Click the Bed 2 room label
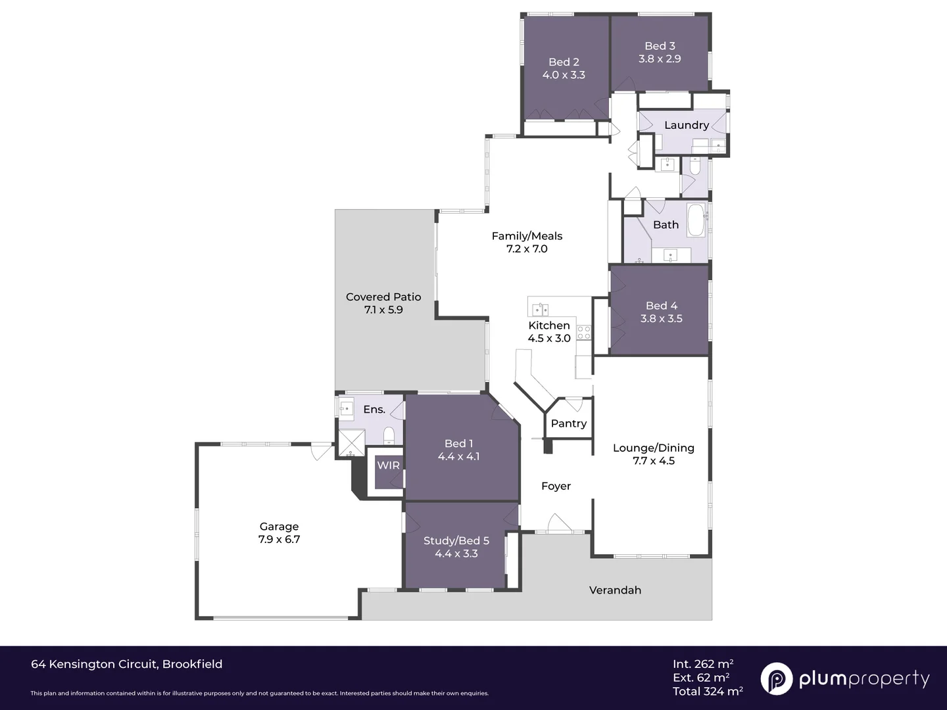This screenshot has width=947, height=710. (564, 62)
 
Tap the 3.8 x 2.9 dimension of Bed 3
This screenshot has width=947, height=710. (660, 59)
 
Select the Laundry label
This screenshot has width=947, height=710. (686, 125)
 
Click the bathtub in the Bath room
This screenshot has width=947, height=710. (696, 220)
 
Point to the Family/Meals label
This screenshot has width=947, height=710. (527, 236)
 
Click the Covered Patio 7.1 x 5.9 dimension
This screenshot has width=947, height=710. (383, 310)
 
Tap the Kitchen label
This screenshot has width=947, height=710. (548, 325)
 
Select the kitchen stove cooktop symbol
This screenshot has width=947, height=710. (584, 333)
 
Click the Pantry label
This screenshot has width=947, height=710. (568, 423)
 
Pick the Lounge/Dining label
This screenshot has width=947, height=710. (653, 448)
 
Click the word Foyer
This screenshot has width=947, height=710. (556, 486)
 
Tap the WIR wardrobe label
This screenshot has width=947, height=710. (388, 465)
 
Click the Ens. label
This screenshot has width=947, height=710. (374, 410)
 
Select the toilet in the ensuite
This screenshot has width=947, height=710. (389, 436)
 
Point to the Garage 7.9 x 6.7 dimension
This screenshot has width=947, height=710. (279, 539)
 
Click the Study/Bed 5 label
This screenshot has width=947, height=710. (456, 540)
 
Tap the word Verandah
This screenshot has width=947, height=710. (615, 590)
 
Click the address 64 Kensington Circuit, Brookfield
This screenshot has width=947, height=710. (126, 664)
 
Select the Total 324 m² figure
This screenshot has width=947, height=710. (708, 691)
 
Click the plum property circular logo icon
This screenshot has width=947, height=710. (776, 678)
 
